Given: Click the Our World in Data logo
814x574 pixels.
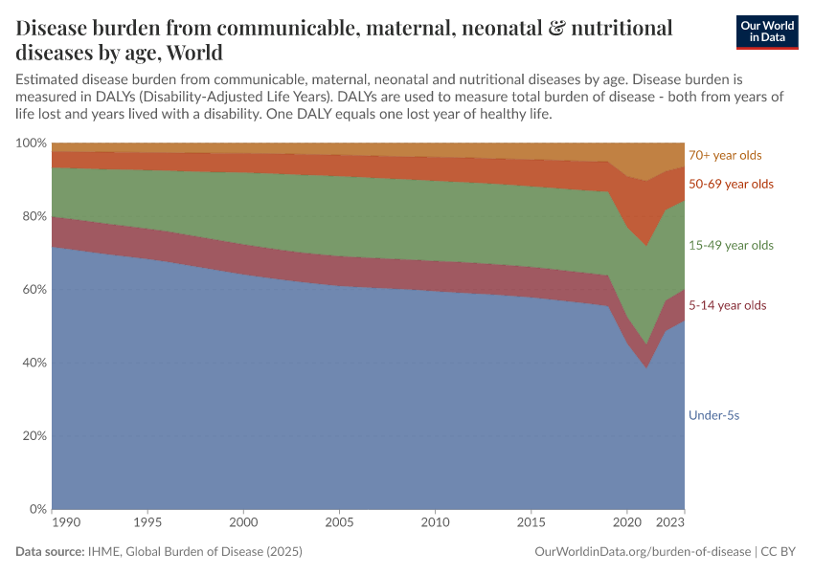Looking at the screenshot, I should point(766,32).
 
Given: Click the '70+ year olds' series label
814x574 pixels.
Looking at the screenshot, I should point(725,155).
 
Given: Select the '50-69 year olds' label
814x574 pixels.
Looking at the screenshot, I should point(731,184).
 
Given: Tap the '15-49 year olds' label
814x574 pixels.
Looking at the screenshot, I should point(731,246).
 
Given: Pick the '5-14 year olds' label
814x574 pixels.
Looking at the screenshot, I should point(727,305).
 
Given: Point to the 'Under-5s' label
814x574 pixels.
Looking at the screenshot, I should point(714,415).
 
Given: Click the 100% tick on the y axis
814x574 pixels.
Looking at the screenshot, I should point(31,143).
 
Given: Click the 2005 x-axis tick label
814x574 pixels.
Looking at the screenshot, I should point(340,524).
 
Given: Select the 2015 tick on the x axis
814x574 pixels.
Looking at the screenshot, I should point(531,524).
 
